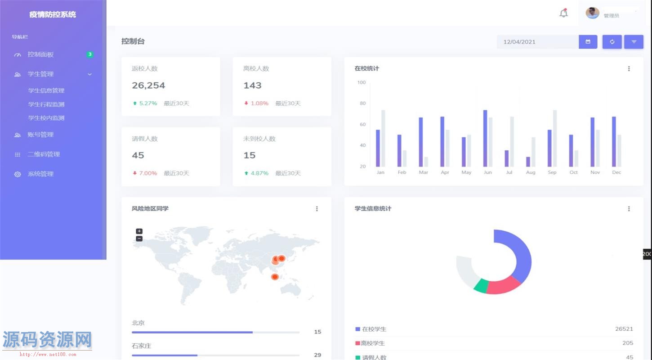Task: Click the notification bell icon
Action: click(x=563, y=13)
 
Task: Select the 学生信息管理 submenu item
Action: click(x=46, y=90)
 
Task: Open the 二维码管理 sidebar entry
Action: click(x=44, y=154)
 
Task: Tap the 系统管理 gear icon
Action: click(x=18, y=174)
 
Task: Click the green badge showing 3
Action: click(x=90, y=54)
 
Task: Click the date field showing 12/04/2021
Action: click(x=537, y=42)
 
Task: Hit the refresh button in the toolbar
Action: click(x=612, y=42)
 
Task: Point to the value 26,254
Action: click(x=148, y=85)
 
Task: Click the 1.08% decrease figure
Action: click(x=259, y=103)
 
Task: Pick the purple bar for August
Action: click(x=528, y=162)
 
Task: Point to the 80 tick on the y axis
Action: click(x=362, y=103)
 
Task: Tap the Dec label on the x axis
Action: click(x=616, y=172)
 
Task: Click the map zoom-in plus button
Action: click(x=139, y=231)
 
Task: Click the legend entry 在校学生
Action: click(x=374, y=329)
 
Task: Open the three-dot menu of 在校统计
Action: click(x=629, y=69)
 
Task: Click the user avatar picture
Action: click(x=592, y=13)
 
